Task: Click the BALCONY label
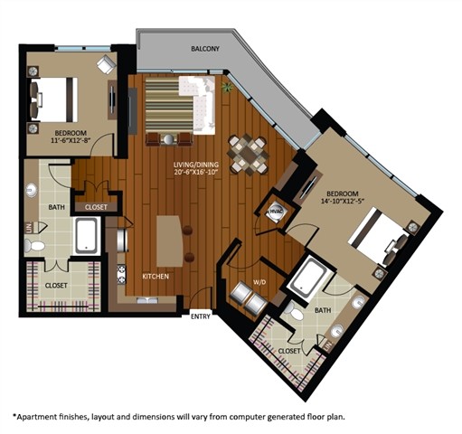(205, 49)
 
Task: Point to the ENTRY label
(201, 316)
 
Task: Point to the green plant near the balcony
(226, 88)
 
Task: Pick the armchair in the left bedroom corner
(106, 65)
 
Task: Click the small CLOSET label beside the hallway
(95, 207)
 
